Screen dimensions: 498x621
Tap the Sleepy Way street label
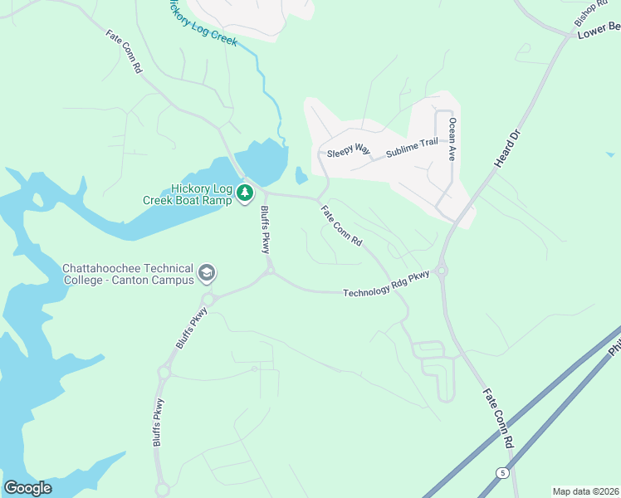[x=348, y=150]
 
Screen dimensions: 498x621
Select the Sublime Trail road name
[x=410, y=148]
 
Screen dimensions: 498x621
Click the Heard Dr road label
[x=506, y=149]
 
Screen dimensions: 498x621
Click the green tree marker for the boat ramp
[x=245, y=193]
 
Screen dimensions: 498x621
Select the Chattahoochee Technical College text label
[x=128, y=274]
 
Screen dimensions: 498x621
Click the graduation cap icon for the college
[x=207, y=272]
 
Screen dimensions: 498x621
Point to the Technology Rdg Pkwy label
[x=387, y=283]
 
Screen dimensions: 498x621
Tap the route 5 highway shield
[x=502, y=472]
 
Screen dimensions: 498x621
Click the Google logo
[x=27, y=487]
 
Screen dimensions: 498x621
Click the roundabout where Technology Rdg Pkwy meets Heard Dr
[x=441, y=269]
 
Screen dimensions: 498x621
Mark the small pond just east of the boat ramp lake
[x=301, y=176]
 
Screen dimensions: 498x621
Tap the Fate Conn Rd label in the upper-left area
[x=125, y=54]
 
